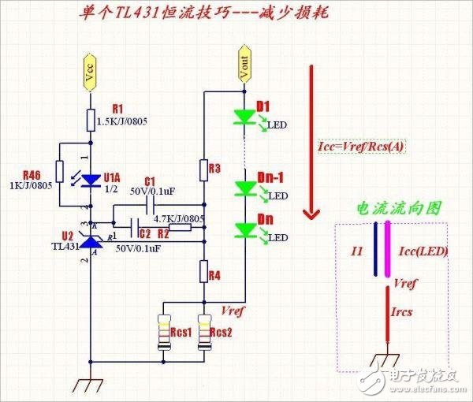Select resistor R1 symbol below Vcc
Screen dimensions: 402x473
coord(91,120)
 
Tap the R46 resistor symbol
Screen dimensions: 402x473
coord(60,172)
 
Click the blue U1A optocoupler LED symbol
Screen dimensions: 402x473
coord(91,181)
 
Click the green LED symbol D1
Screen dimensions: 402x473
coord(244,117)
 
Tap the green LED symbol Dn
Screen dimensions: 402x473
coord(244,230)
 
